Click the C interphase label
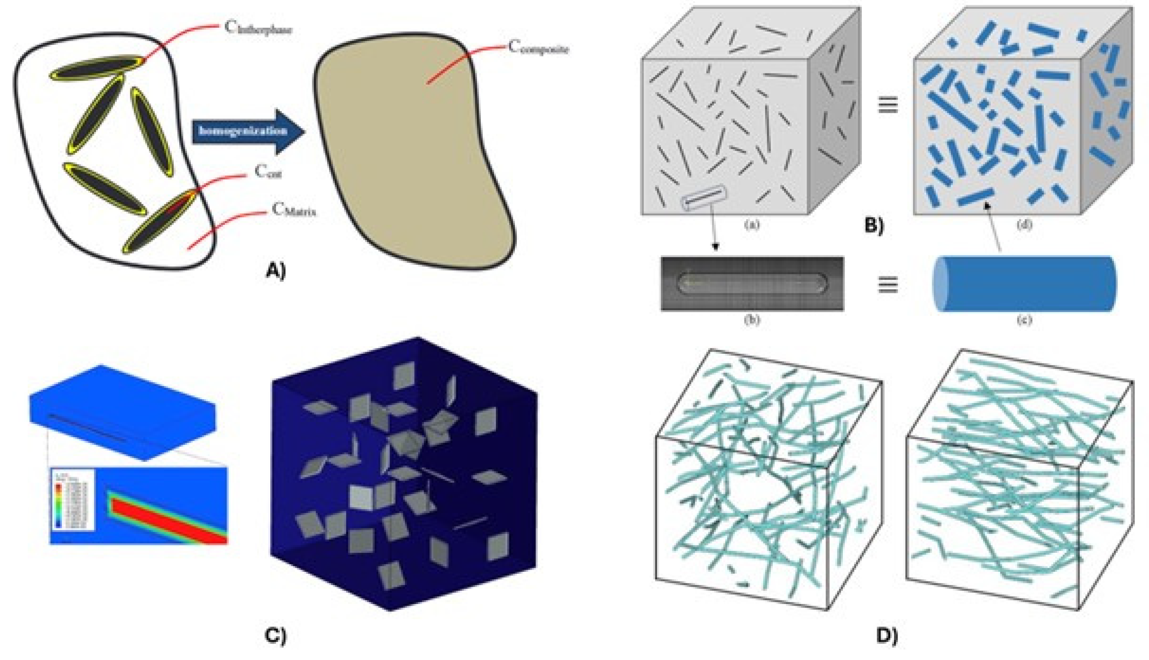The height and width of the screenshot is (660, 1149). tap(258, 28)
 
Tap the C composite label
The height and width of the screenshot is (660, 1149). tap(538, 47)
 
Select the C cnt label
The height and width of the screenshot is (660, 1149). tap(268, 172)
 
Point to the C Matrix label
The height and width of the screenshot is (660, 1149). tap(294, 210)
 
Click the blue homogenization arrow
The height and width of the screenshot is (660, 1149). tap(247, 131)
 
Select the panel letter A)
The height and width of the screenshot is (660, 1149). tap(276, 271)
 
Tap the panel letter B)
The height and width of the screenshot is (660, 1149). tap(874, 225)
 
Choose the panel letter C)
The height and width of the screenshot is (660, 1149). tap(276, 635)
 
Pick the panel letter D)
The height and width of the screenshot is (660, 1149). tap(887, 635)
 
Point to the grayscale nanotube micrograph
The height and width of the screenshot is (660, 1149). tap(752, 284)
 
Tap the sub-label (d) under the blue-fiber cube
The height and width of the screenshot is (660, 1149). tap(1025, 225)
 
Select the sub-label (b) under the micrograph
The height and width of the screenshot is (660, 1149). tap(752, 320)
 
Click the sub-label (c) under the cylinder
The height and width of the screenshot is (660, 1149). tap(1025, 320)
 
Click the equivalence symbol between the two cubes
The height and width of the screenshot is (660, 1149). tap(888, 105)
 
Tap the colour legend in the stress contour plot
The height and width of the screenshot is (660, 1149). tap(72, 500)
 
